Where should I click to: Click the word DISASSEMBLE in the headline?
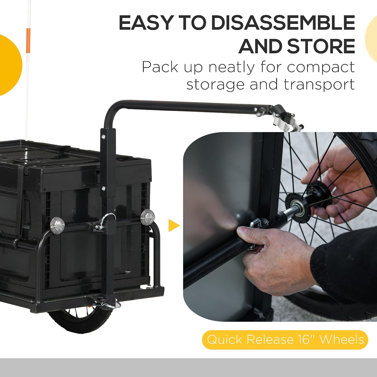click(283, 22)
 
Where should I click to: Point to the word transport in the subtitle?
click(319, 85)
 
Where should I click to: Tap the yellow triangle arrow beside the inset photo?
click(174, 225)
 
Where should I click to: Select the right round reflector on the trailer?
click(148, 217)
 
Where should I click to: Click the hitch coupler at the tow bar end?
click(284, 118)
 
